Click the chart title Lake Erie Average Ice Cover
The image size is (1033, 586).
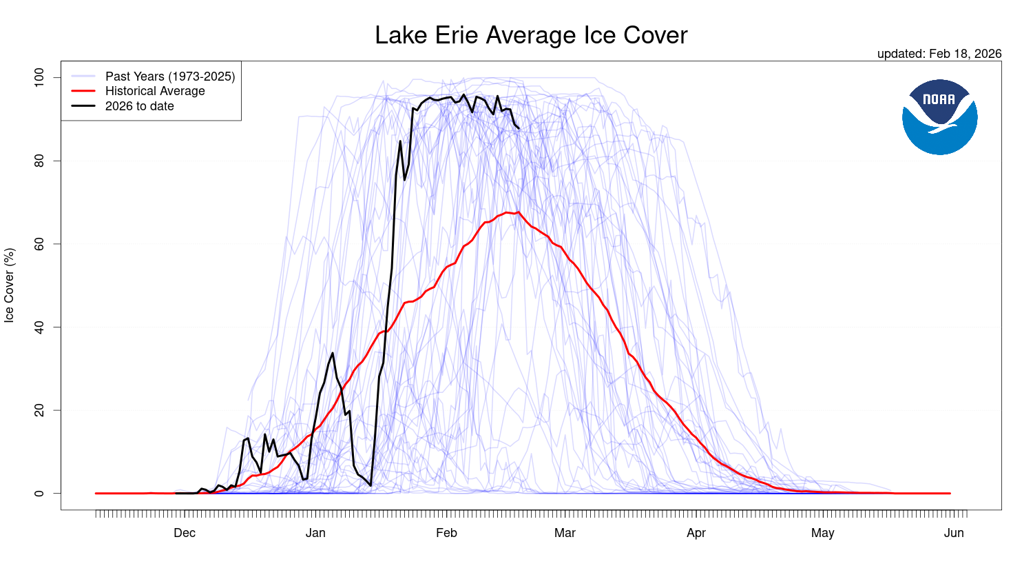531,35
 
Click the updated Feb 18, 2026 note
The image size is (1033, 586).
939,54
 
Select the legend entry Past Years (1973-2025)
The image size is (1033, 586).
169,77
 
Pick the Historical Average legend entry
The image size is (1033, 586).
155,91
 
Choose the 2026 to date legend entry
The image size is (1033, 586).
139,106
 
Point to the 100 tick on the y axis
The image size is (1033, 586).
39,77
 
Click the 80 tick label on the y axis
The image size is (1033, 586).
39,161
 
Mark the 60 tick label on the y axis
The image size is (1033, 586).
39,244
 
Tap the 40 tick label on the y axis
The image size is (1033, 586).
39,327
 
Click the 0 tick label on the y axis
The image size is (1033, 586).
39,494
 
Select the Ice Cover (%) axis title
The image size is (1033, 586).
10,285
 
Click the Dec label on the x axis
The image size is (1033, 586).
185,533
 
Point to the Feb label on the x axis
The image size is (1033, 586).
446,533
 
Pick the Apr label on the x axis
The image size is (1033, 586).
696,533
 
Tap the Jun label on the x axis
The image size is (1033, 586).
954,533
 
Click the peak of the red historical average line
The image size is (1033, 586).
518,212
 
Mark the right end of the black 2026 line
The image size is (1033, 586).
519,128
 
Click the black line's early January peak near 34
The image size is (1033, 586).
333,353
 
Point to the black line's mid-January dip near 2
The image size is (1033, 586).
371,485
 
